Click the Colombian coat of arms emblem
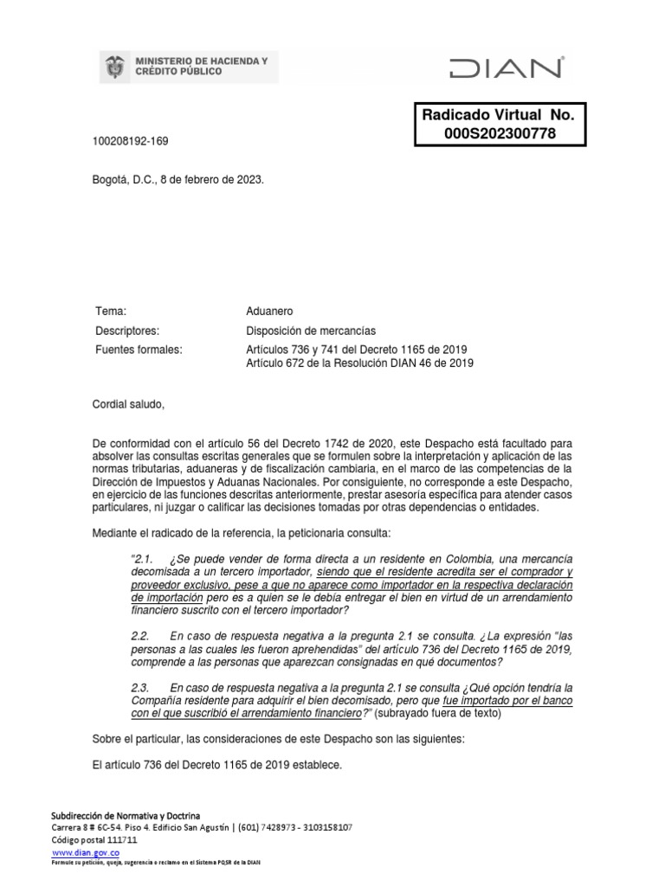click(x=113, y=66)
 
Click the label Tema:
click(x=110, y=311)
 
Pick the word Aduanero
click(x=272, y=311)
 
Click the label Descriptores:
click(x=127, y=330)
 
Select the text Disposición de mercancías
click(x=312, y=330)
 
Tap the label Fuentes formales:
click(x=138, y=349)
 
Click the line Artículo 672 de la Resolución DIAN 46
click(x=360, y=363)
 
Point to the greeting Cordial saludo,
click(x=127, y=403)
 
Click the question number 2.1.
click(x=142, y=559)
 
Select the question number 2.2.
click(x=142, y=636)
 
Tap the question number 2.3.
click(x=142, y=687)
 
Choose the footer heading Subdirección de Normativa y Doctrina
click(x=126, y=816)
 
